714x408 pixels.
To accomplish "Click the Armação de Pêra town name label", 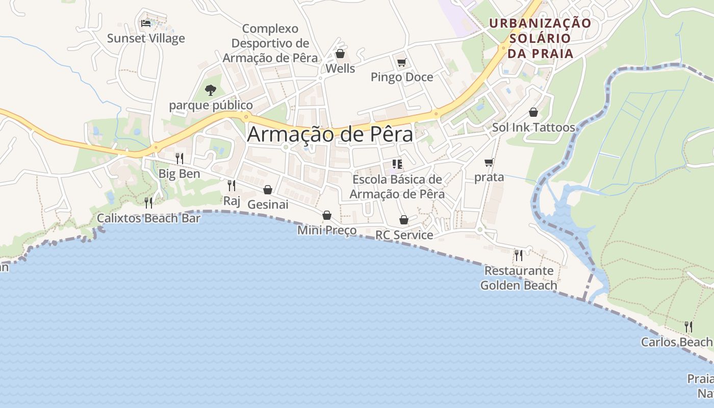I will click(330, 134).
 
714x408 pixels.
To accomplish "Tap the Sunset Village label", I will click(146, 38).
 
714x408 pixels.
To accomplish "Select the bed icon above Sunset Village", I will click(146, 23).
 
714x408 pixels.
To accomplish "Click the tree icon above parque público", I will click(210, 90).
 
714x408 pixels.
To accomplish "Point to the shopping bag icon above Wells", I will click(340, 54).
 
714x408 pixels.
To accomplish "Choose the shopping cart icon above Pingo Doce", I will click(401, 63).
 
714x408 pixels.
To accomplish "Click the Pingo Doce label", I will click(402, 77).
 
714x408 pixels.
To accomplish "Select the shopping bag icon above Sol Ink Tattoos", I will click(533, 112).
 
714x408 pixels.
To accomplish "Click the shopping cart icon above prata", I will click(489, 163).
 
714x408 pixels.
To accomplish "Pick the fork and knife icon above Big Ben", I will click(179, 158).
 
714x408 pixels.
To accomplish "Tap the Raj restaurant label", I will click(232, 200).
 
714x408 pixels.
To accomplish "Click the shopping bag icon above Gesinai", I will click(268, 190).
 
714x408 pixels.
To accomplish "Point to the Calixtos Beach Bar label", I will click(148, 218).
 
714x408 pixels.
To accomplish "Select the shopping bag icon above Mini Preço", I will click(327, 216).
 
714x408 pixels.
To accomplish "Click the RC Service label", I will click(404, 235).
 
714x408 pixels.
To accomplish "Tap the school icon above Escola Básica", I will click(397, 164).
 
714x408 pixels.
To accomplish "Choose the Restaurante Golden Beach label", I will click(519, 278).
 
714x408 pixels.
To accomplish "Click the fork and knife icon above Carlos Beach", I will click(688, 326).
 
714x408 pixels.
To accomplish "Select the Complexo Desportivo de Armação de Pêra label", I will click(270, 43).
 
